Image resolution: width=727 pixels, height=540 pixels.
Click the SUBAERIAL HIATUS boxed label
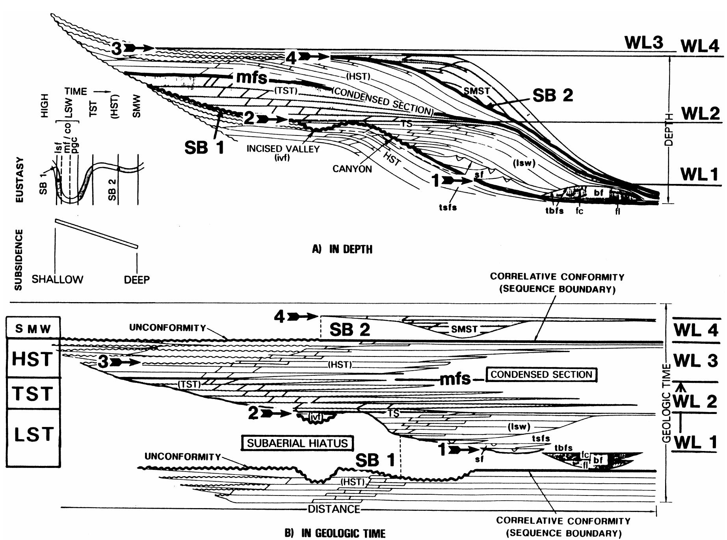click(297, 443)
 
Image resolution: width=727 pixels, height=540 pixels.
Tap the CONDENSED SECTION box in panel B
click(541, 374)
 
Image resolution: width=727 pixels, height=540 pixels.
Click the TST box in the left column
click(33, 393)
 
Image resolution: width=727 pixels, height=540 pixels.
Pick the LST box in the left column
click(33, 435)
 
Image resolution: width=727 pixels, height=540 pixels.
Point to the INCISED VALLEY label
click(283, 149)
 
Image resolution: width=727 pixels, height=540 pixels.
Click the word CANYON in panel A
click(352, 169)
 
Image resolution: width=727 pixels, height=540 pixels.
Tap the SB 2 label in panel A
click(552, 95)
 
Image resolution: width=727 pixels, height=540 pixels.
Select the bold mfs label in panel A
click(251, 77)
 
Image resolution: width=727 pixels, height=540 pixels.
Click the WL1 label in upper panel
click(699, 174)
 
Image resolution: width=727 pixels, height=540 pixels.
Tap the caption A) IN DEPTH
click(342, 249)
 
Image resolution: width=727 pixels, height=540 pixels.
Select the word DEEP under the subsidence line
click(137, 280)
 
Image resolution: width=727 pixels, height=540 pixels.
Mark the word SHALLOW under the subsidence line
click(58, 280)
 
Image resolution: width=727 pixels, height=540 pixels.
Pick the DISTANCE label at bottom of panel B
click(334, 509)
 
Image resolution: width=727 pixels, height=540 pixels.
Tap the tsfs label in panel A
click(448, 207)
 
